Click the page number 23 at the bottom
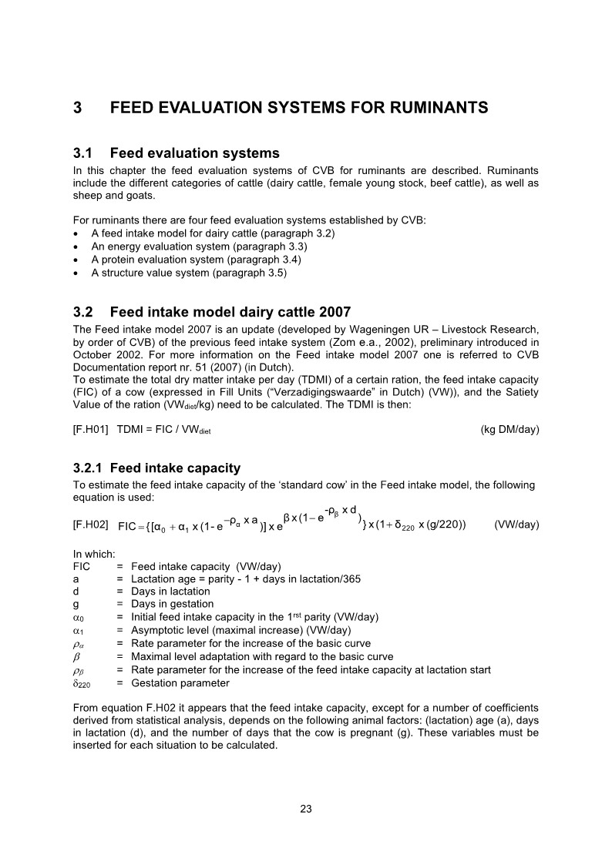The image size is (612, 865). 305,809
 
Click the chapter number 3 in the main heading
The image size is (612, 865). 78,109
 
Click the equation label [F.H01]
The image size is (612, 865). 90,430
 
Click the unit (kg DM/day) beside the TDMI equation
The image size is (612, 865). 509,430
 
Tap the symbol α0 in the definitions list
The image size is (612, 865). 78,618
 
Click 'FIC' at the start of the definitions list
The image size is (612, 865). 81,565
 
